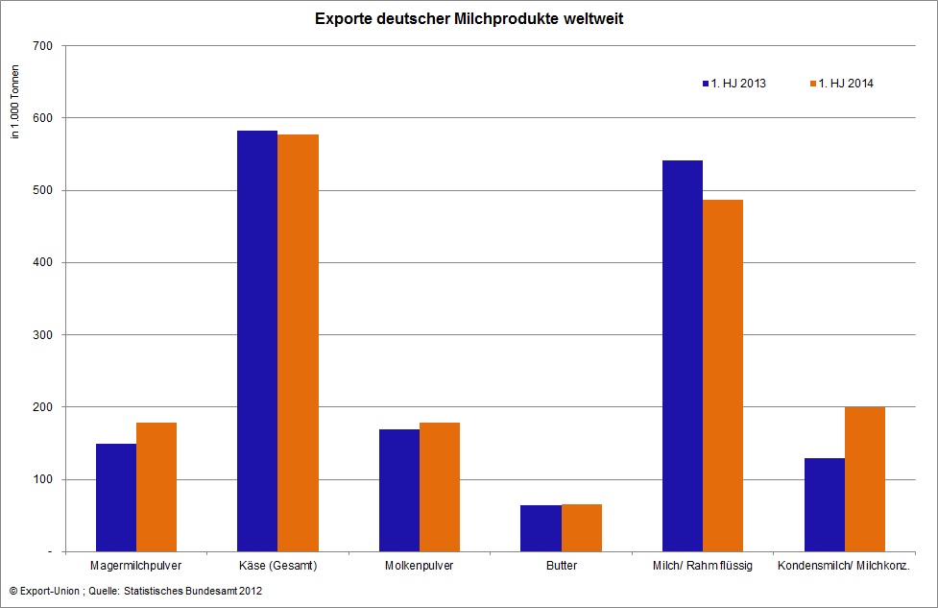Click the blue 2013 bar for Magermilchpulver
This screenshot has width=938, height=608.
[116, 498]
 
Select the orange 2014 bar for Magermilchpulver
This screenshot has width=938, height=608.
[156, 487]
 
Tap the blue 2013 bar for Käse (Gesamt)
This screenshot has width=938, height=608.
[257, 341]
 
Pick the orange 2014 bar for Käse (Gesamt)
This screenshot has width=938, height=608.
[298, 343]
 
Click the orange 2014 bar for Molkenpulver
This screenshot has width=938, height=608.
[440, 487]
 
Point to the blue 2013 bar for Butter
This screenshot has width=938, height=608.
[541, 528]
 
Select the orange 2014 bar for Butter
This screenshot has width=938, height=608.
[582, 528]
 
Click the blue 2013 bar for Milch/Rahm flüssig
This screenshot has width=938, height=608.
[683, 356]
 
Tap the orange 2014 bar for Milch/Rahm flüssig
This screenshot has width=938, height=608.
[723, 376]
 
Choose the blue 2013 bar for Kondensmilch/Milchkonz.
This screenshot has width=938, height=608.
[825, 505]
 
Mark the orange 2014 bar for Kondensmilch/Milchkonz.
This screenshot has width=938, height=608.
[865, 479]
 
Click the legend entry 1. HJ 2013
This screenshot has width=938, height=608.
[734, 84]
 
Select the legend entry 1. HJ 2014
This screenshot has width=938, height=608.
[842, 84]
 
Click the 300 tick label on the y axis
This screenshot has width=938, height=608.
[42, 335]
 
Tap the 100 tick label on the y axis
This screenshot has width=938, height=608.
[42, 479]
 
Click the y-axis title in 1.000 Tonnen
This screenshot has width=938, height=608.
[15, 102]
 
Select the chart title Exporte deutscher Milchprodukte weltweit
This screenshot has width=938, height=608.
[469, 18]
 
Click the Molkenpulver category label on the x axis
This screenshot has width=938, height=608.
[420, 566]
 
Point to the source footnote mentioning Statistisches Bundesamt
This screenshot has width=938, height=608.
[135, 592]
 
